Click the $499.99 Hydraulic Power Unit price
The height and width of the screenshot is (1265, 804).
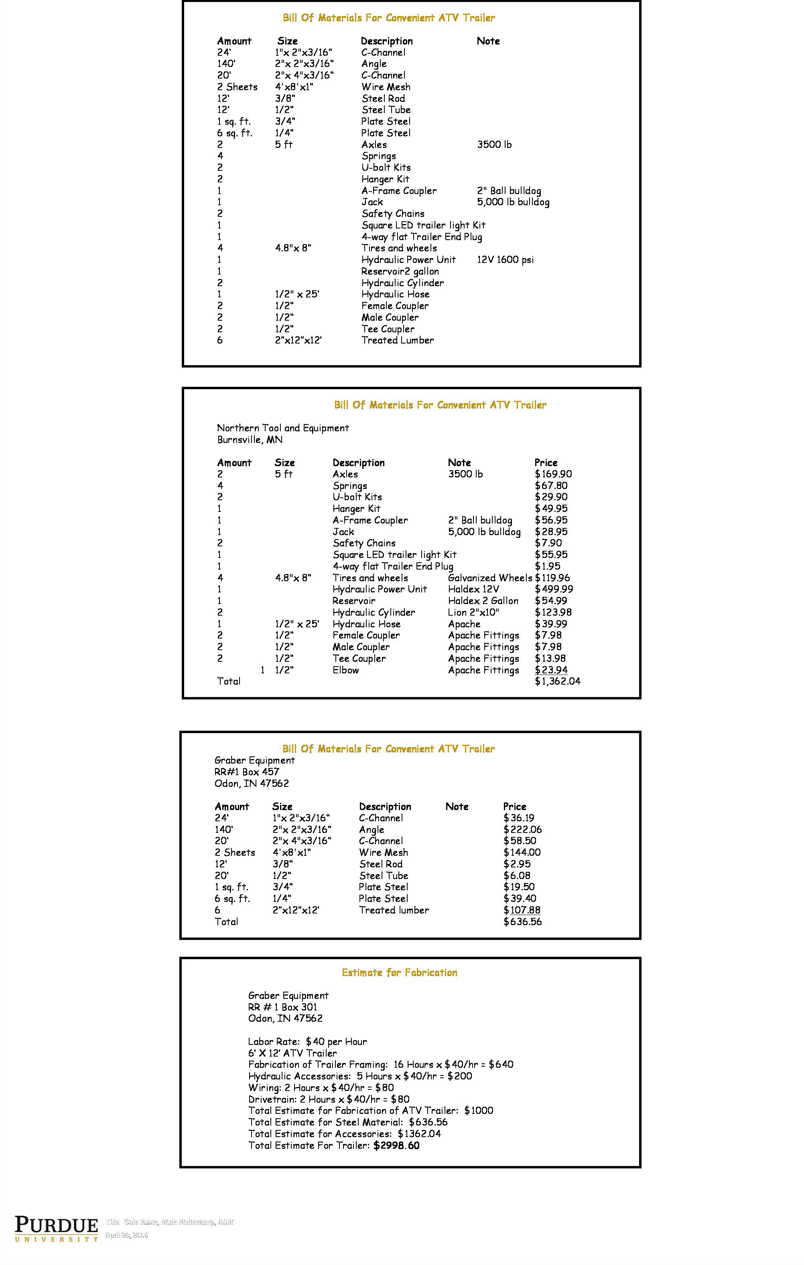click(554, 590)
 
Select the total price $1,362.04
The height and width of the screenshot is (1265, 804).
click(557, 681)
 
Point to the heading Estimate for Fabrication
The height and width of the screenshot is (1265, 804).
click(399, 972)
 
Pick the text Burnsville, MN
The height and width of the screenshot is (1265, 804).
click(250, 440)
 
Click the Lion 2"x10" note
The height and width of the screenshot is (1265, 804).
click(473, 612)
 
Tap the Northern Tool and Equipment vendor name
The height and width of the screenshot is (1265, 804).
click(282, 428)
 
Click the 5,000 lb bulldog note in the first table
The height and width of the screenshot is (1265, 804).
click(513, 202)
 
